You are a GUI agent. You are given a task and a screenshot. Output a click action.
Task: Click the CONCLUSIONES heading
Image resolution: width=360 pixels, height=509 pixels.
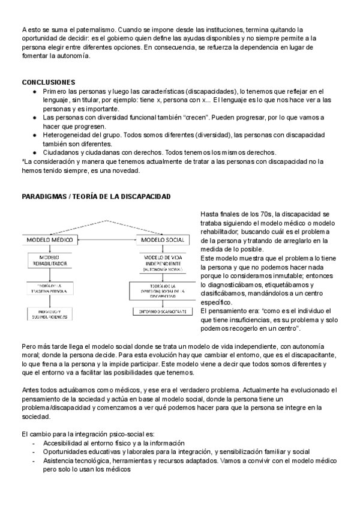click(48, 82)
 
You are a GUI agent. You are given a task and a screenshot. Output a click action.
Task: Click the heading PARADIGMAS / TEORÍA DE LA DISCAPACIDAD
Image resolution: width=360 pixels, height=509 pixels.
click(96, 197)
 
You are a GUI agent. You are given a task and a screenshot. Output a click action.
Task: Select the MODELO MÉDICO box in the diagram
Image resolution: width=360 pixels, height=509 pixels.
click(49, 240)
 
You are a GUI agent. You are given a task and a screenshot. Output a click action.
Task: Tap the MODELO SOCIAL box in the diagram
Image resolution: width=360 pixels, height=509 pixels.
click(160, 240)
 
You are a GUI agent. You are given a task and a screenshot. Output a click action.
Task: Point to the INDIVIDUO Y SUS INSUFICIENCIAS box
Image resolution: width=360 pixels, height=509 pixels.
click(49, 314)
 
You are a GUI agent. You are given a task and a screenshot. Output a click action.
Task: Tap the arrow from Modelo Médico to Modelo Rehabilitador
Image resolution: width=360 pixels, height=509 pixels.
click(49, 250)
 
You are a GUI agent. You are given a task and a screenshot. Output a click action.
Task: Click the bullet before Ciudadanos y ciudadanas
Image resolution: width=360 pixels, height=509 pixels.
click(34, 152)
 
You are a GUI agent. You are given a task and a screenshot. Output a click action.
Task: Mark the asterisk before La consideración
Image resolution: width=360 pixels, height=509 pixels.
click(22, 161)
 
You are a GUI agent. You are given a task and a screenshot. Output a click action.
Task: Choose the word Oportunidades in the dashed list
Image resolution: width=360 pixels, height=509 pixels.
click(68, 451)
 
